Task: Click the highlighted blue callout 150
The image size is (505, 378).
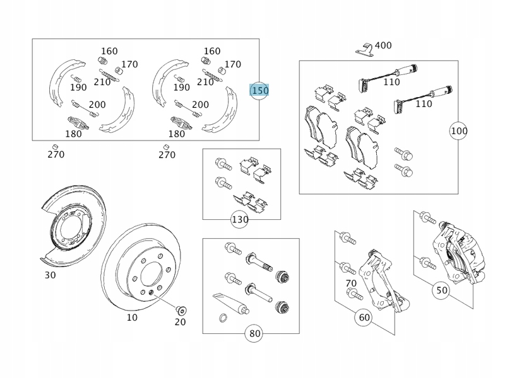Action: point(259,91)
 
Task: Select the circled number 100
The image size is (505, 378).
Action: point(459,131)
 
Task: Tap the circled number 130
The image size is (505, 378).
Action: point(240,219)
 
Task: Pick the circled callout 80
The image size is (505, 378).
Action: point(254,333)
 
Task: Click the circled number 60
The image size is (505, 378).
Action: point(364,318)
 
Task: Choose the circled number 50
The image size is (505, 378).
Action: point(442,290)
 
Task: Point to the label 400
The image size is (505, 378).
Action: point(383,45)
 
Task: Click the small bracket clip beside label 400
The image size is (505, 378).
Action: point(362,47)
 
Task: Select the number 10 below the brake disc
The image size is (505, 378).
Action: point(132,318)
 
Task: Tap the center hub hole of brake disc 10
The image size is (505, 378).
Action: point(151,274)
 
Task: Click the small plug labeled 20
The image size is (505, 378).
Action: point(180,309)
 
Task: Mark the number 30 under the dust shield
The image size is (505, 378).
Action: point(50,275)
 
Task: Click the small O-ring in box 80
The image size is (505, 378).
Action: point(222,318)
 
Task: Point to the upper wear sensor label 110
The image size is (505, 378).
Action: point(391,81)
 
